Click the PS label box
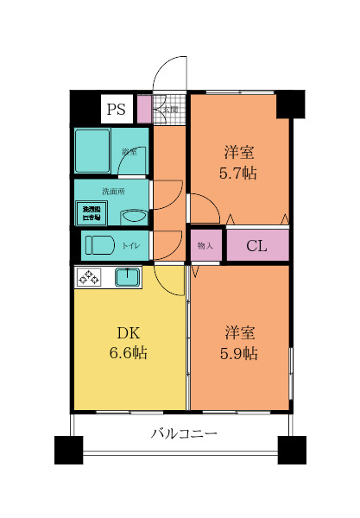coord(115,109)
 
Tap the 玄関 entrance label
coord(170,110)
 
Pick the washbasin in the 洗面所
coord(132,216)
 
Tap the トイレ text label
coord(130,246)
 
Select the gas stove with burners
coord(89,277)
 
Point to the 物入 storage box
coord(205,246)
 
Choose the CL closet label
coord(256,246)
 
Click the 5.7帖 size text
coord(239,173)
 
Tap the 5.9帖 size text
coord(239,352)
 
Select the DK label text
coord(128,332)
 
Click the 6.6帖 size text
coord(128,352)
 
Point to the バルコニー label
coord(183,433)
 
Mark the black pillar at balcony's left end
coord(68,450)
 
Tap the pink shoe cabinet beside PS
coord(144,109)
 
